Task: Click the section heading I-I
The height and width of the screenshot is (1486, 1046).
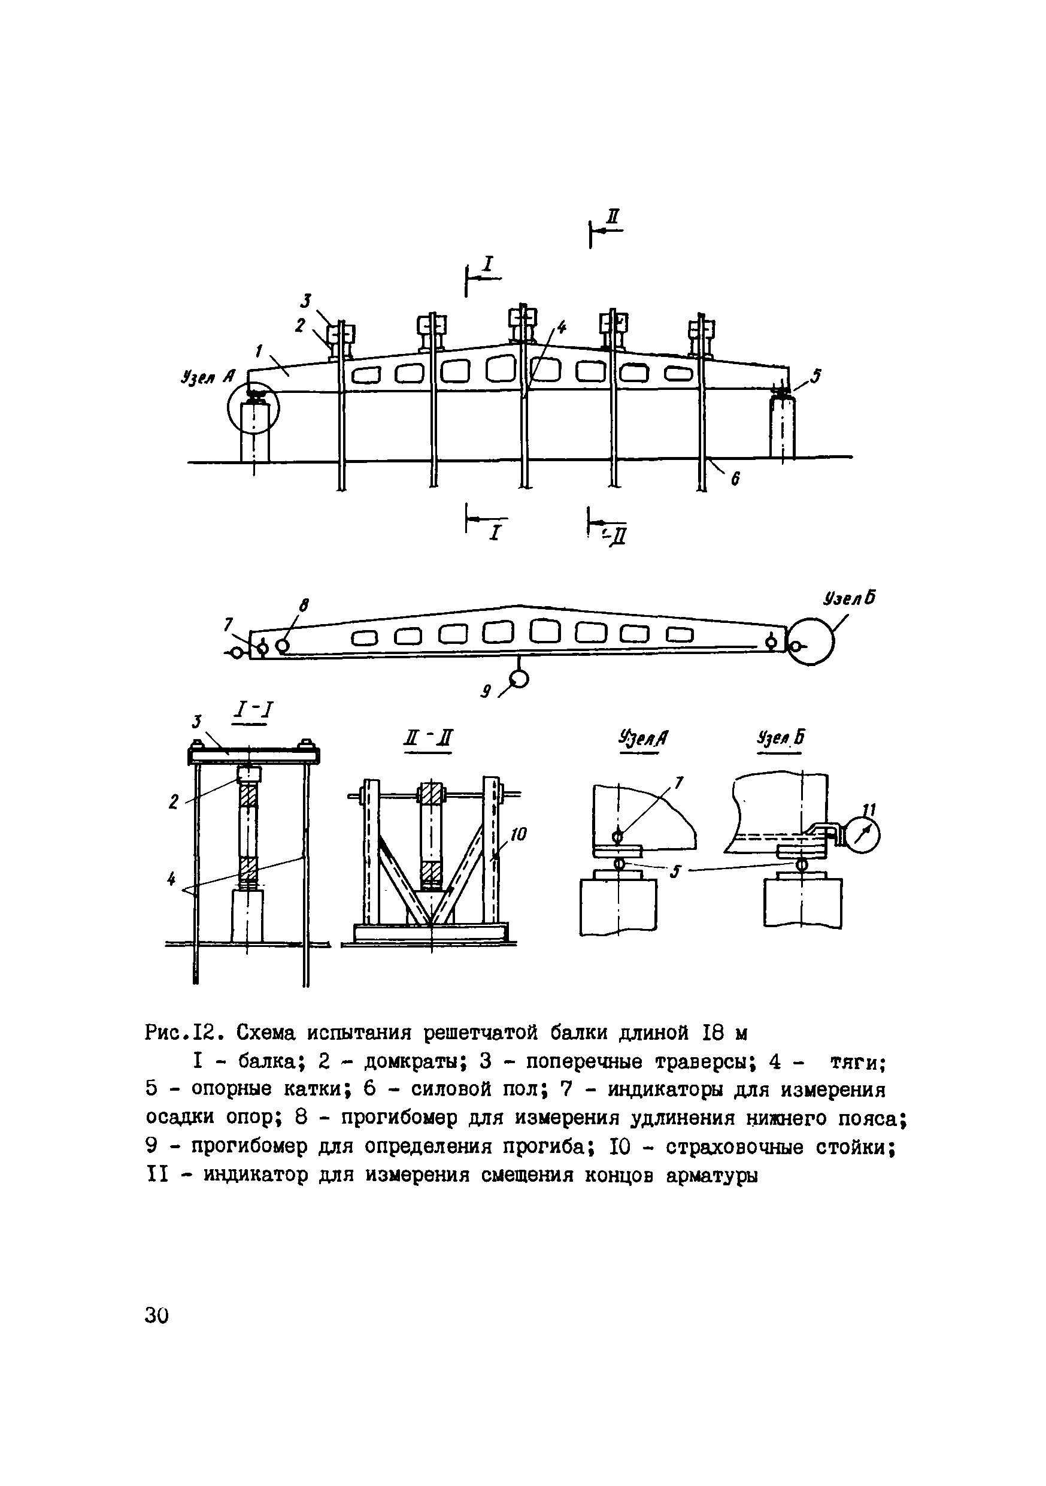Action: pyautogui.click(x=253, y=712)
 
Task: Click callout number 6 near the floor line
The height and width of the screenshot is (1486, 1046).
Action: pyautogui.click(x=735, y=479)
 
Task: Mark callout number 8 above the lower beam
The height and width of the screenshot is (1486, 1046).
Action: pyautogui.click(x=304, y=606)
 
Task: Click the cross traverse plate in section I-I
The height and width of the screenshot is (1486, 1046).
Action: pyautogui.click(x=254, y=754)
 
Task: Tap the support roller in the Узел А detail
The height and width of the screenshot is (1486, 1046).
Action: pyautogui.click(x=618, y=864)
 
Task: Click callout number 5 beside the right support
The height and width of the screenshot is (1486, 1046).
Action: pyautogui.click(x=815, y=376)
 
